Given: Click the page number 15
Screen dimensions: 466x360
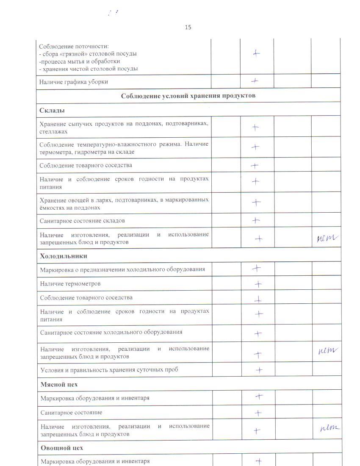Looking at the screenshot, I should click(188, 28).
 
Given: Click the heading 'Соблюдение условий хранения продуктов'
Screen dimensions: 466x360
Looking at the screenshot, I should click(188, 96).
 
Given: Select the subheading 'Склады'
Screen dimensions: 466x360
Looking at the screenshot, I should click(52, 111).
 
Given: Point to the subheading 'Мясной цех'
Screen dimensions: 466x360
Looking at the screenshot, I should click(59, 384).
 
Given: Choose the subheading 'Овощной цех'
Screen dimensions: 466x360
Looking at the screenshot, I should click(62, 447).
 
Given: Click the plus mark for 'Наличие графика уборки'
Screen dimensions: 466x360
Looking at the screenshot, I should click(255, 80).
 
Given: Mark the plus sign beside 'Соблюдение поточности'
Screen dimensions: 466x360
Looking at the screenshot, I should click(256, 53).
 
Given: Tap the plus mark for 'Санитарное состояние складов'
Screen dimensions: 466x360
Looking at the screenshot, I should click(256, 220).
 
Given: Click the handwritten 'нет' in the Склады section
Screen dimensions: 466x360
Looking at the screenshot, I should click(327, 239).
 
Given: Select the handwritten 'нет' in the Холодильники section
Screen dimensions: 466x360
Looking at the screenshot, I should click(328, 350).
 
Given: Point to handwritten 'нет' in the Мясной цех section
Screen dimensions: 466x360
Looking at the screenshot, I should click(330, 428).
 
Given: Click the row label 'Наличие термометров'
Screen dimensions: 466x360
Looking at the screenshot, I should click(70, 283).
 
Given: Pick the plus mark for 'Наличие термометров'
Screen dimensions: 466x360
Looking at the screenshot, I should click(257, 284).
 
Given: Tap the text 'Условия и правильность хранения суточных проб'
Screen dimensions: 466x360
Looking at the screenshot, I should click(109, 369).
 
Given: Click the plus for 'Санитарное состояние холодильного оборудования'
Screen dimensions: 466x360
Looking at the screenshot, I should click(258, 333).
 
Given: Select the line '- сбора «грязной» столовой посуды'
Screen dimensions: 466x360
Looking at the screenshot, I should click(88, 54).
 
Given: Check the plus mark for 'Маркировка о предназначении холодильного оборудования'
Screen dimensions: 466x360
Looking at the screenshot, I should click(256, 268).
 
